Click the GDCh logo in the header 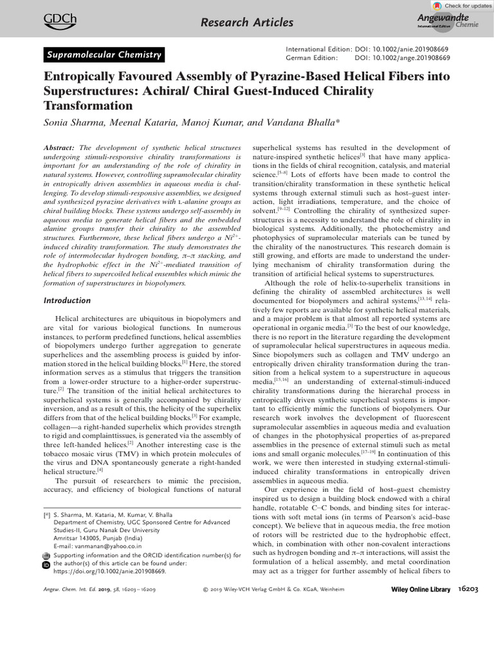coord(59,21)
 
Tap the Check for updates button coord(461,6)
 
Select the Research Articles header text coord(247,23)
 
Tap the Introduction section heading coord(67,300)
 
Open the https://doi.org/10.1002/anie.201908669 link coord(110,570)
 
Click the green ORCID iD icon coord(45,564)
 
